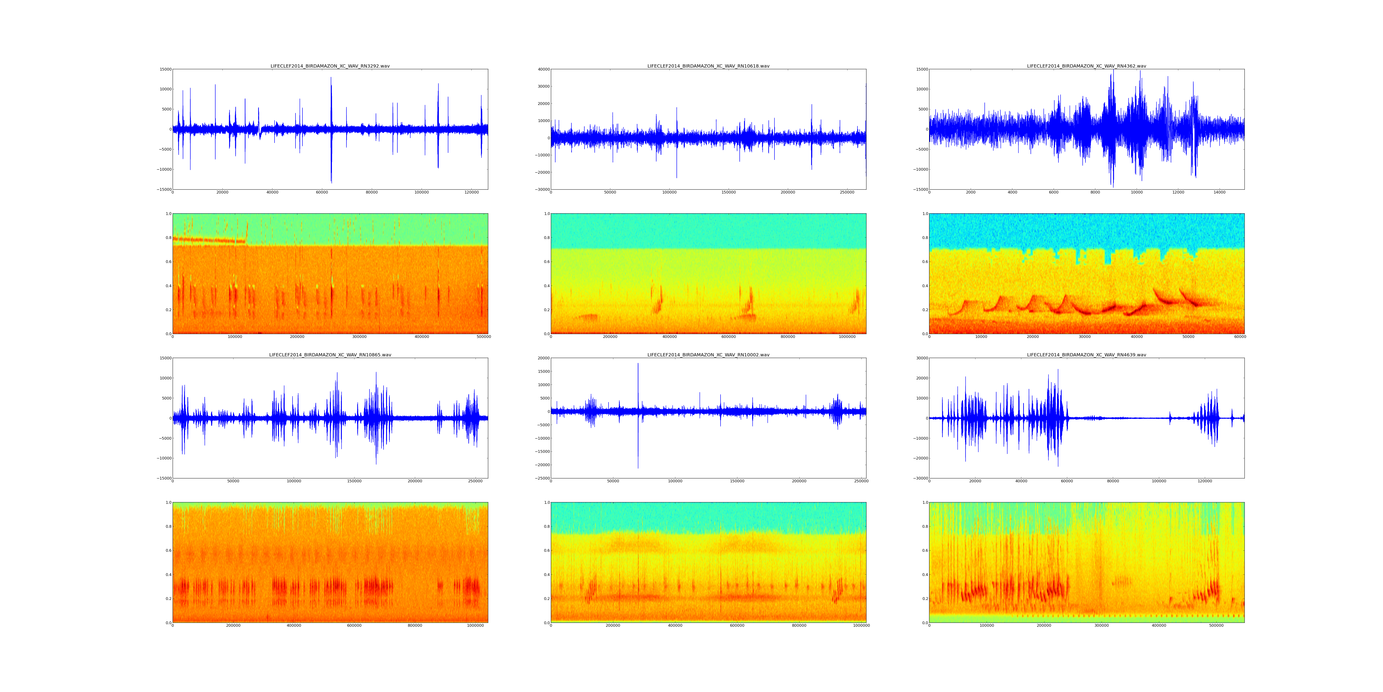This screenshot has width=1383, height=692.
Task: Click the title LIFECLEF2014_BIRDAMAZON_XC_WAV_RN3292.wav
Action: (x=330, y=66)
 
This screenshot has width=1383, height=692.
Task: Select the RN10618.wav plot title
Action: (x=708, y=66)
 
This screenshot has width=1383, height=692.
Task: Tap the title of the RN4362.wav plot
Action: (x=1086, y=66)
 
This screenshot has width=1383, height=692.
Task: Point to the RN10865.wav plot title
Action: (x=330, y=355)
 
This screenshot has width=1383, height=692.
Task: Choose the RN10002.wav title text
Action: (x=708, y=355)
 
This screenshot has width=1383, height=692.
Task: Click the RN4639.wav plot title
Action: (x=1086, y=355)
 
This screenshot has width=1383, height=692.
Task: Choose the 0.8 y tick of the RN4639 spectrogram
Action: (x=925, y=527)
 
